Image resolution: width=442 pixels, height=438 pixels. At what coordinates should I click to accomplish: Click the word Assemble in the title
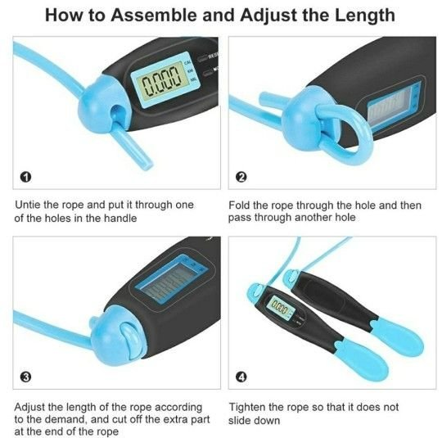tap(155, 15)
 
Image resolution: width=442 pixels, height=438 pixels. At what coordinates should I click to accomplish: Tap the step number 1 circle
tap(26, 177)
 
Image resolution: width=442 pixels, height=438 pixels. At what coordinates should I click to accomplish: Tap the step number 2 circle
tap(241, 177)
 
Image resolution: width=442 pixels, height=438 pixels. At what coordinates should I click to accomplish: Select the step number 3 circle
tap(26, 377)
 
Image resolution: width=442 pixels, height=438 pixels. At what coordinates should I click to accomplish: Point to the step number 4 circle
tap(241, 377)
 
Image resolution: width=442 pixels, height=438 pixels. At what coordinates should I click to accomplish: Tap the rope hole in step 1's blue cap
tap(116, 112)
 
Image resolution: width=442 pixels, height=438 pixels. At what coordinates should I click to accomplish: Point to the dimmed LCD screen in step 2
tap(392, 106)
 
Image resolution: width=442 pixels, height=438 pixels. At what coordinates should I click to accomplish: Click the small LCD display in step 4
tap(280, 305)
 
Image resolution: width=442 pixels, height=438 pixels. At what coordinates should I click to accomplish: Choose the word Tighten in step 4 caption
tap(246, 408)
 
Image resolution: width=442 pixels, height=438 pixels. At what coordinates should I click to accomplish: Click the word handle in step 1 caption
tap(120, 219)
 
